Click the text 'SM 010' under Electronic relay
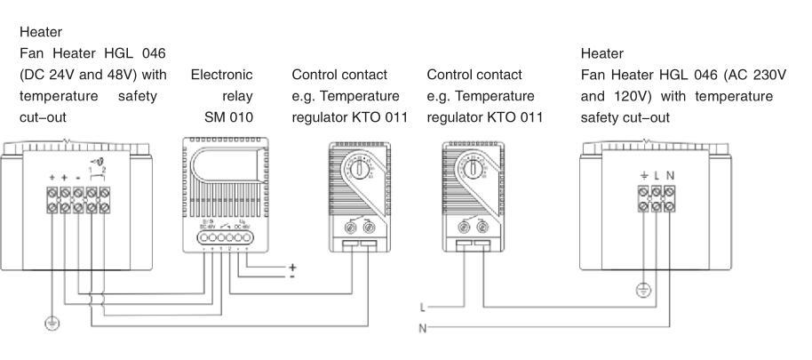(x=229, y=117)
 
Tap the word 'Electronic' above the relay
(x=222, y=75)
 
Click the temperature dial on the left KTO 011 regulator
(x=362, y=166)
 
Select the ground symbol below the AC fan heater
(x=643, y=290)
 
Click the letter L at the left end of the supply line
(x=423, y=308)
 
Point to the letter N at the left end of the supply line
(x=423, y=328)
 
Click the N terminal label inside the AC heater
(x=670, y=176)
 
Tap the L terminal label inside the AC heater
(x=657, y=176)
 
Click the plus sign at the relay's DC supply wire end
(x=292, y=267)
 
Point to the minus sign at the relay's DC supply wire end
(x=292, y=276)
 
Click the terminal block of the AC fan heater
(x=657, y=204)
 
